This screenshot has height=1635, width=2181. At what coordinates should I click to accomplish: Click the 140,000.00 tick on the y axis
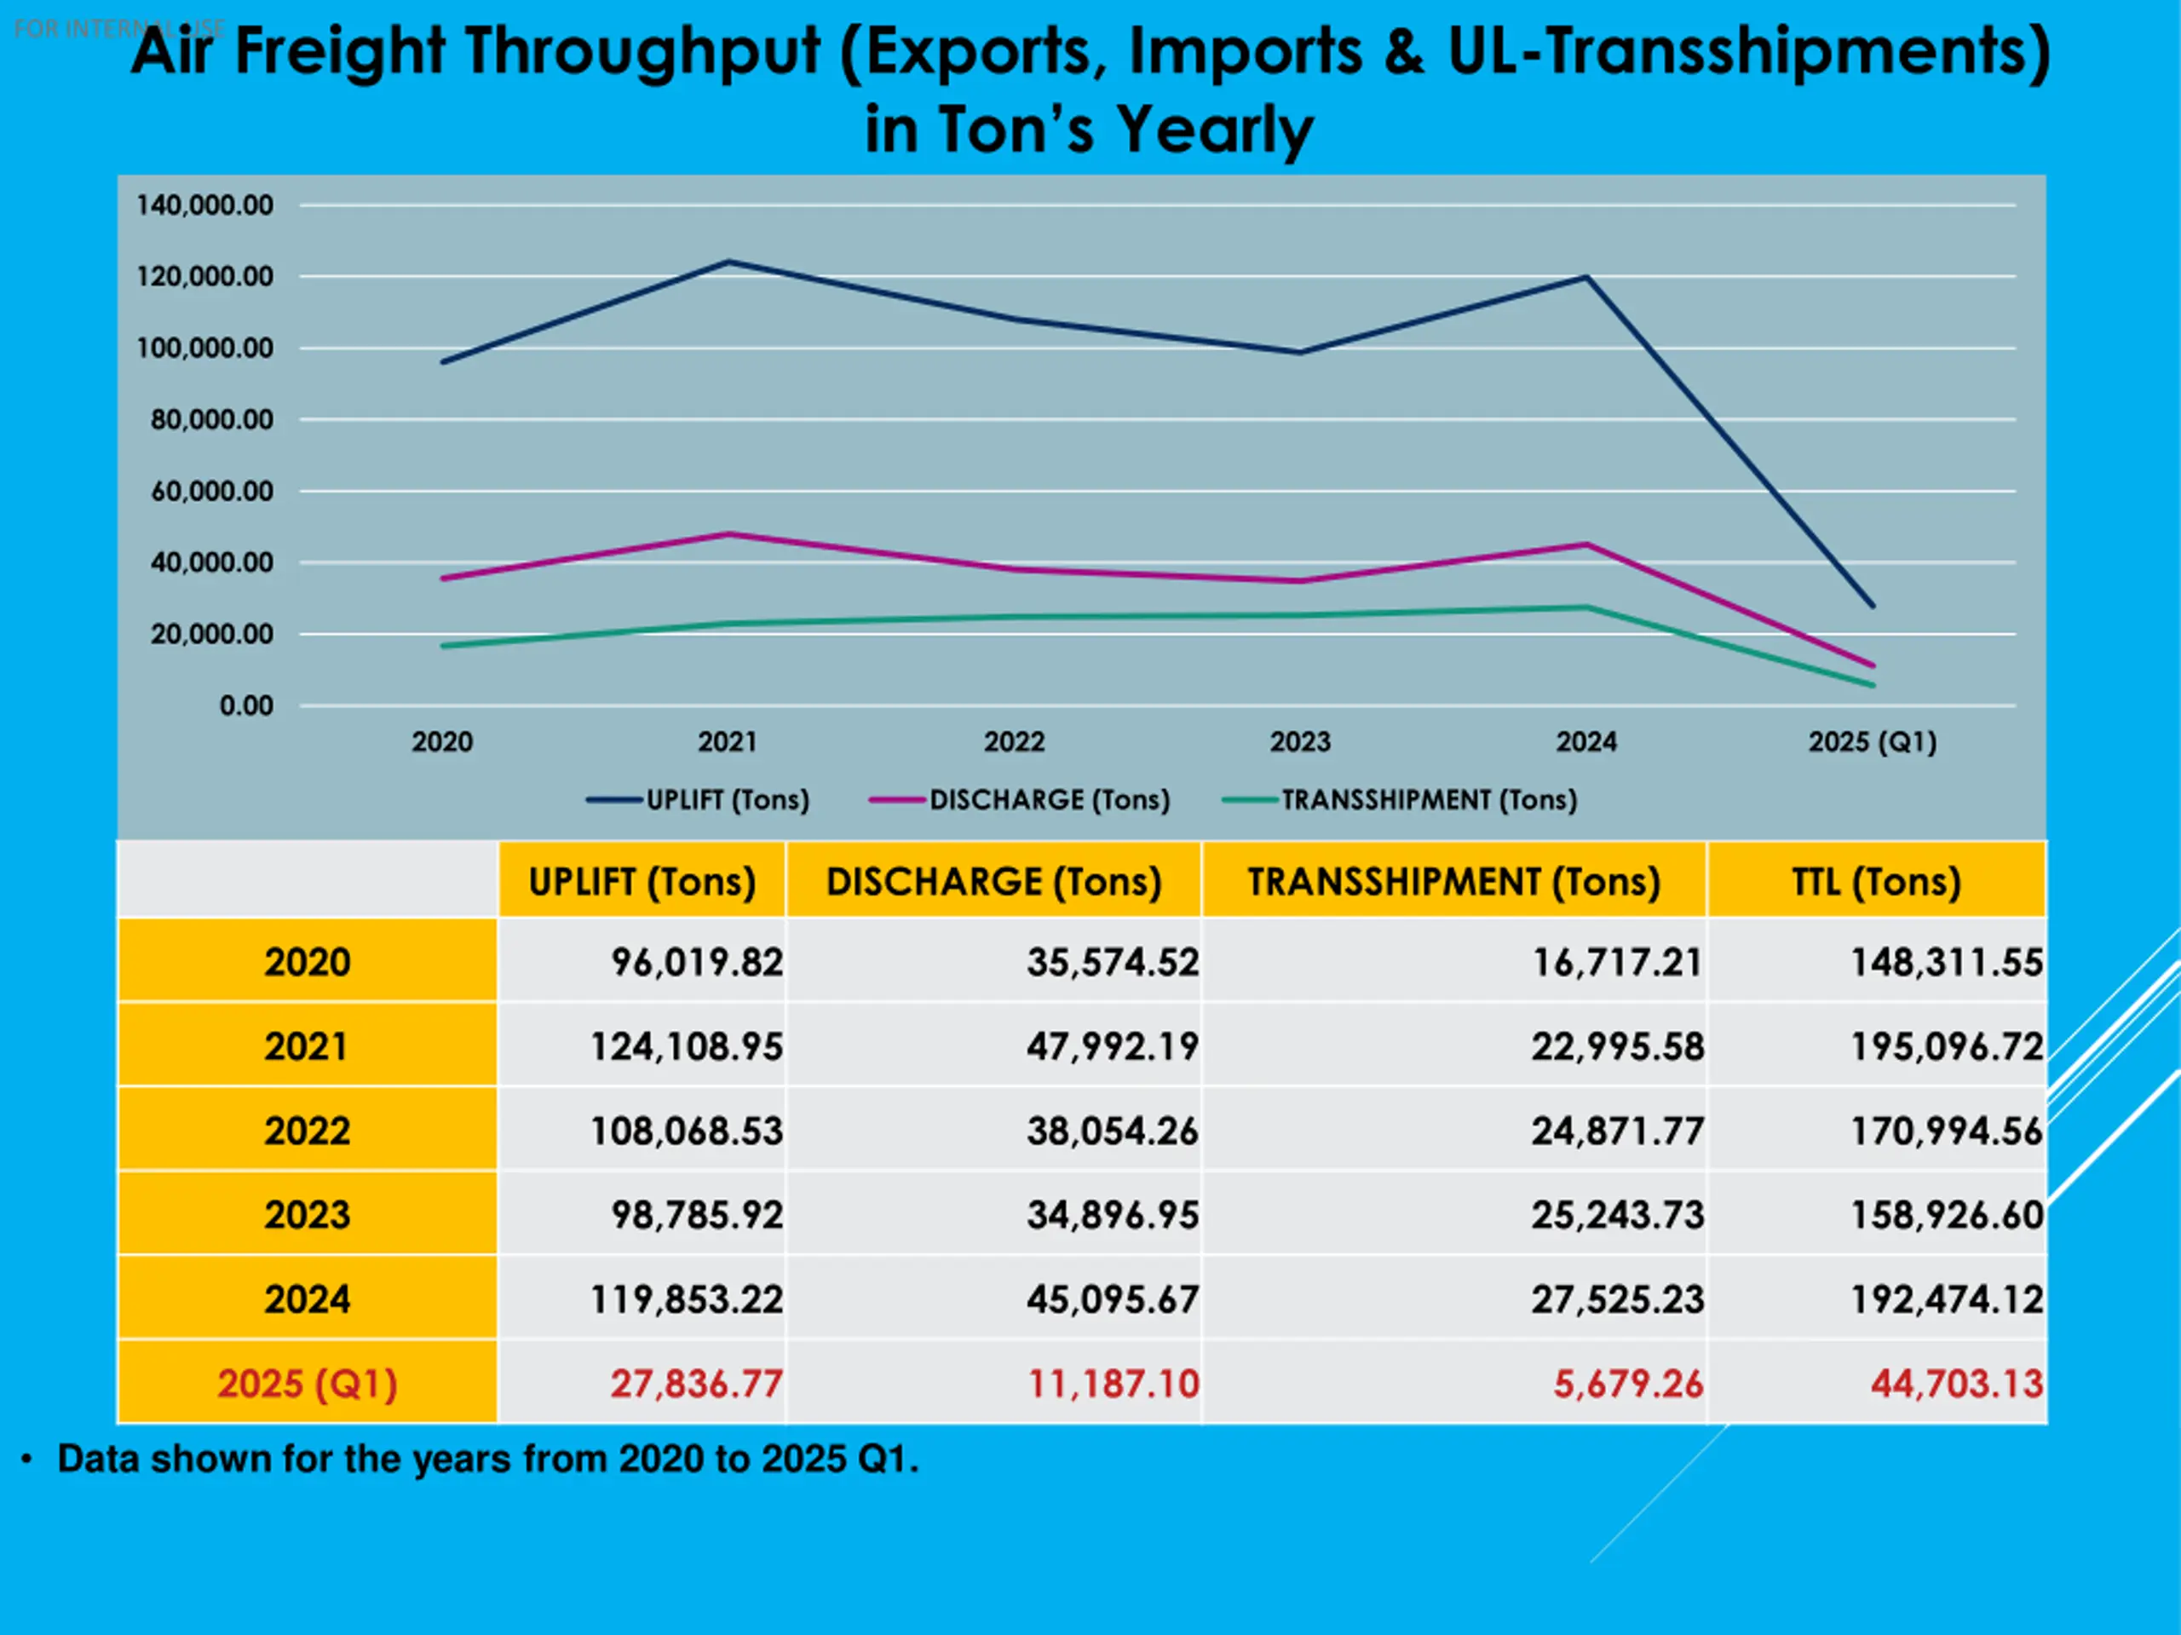[204, 205]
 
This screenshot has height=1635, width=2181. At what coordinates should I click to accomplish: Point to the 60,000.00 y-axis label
[211, 491]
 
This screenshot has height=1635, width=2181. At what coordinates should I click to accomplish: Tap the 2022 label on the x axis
[1014, 741]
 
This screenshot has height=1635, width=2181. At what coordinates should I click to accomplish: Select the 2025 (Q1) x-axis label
[1872, 741]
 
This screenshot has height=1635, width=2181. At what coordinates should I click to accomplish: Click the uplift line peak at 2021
[728, 262]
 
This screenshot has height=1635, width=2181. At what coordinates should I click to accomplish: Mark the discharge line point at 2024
[1585, 544]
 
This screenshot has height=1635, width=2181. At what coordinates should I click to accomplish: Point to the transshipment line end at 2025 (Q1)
[1873, 685]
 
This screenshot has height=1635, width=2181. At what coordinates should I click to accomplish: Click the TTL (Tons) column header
[1875, 882]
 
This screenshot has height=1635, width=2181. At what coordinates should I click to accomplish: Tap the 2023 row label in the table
[307, 1215]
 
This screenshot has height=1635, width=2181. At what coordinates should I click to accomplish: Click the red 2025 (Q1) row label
[307, 1384]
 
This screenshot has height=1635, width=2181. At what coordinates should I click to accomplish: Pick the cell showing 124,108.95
[686, 1046]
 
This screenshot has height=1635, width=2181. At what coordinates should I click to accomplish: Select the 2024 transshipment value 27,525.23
[1617, 1299]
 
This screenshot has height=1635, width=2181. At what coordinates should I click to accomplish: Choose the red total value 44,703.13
[1956, 1384]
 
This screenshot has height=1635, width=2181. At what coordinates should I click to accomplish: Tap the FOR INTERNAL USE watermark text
[118, 29]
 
